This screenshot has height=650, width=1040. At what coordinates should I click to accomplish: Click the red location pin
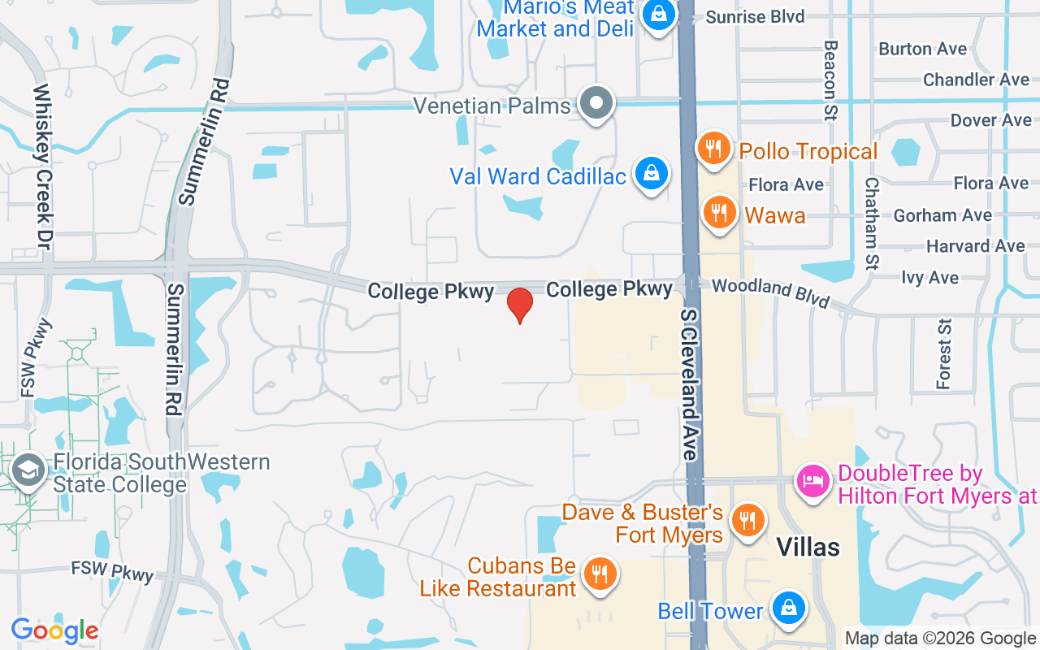click(519, 305)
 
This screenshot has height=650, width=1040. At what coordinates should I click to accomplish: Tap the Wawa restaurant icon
click(718, 214)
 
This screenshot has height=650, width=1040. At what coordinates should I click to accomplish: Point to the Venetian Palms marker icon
click(597, 104)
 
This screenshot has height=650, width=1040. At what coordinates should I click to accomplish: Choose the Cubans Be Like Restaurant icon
click(600, 575)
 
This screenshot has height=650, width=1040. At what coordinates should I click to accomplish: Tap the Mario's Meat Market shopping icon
click(659, 15)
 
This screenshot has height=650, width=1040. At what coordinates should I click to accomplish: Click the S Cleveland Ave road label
click(690, 384)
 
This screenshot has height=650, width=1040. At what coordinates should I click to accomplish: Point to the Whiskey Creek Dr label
click(42, 166)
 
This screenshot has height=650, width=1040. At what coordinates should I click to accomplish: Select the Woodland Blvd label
click(771, 293)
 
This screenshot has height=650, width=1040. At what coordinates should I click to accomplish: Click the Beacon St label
click(830, 80)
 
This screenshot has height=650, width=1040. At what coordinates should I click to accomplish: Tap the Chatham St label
click(872, 223)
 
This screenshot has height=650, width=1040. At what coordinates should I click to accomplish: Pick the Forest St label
click(943, 353)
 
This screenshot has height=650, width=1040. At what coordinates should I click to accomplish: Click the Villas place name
click(808, 547)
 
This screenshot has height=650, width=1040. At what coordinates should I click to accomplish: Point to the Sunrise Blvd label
click(755, 17)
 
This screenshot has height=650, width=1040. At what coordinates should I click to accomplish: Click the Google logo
click(55, 630)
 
